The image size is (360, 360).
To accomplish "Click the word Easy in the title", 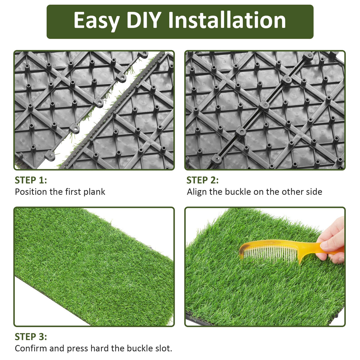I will pyautogui.click(x=97, y=21).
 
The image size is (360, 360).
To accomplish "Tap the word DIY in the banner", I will pyautogui.click(x=144, y=21).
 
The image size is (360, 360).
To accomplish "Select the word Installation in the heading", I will pyautogui.click(x=227, y=21).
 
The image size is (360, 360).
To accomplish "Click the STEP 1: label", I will pyautogui.click(x=31, y=180).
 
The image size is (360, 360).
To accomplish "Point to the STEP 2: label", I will pyautogui.click(x=203, y=180).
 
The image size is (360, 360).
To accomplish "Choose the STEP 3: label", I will pyautogui.click(x=31, y=337).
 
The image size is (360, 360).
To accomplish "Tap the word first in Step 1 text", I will pyautogui.click(x=73, y=192).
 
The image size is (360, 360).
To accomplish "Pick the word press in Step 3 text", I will pyautogui.click(x=78, y=348).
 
